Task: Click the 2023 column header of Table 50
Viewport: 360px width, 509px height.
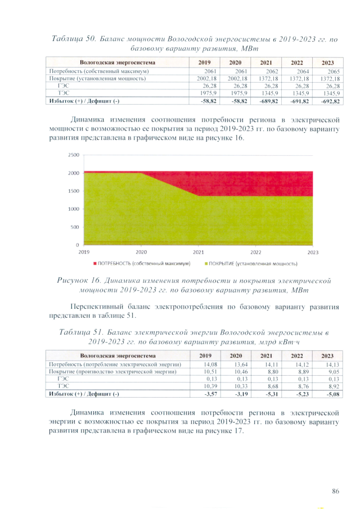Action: [327, 63]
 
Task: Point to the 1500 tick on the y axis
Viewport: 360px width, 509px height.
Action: [73, 191]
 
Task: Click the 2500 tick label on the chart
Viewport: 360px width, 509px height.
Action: [73, 155]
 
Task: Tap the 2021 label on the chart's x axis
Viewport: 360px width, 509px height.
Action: [198, 253]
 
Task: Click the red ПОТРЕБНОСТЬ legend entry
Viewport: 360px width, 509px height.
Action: [141, 263]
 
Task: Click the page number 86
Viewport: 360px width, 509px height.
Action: [335, 491]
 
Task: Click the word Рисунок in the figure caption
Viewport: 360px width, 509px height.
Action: [77, 280]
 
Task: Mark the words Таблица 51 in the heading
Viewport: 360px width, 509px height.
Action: [79, 332]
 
